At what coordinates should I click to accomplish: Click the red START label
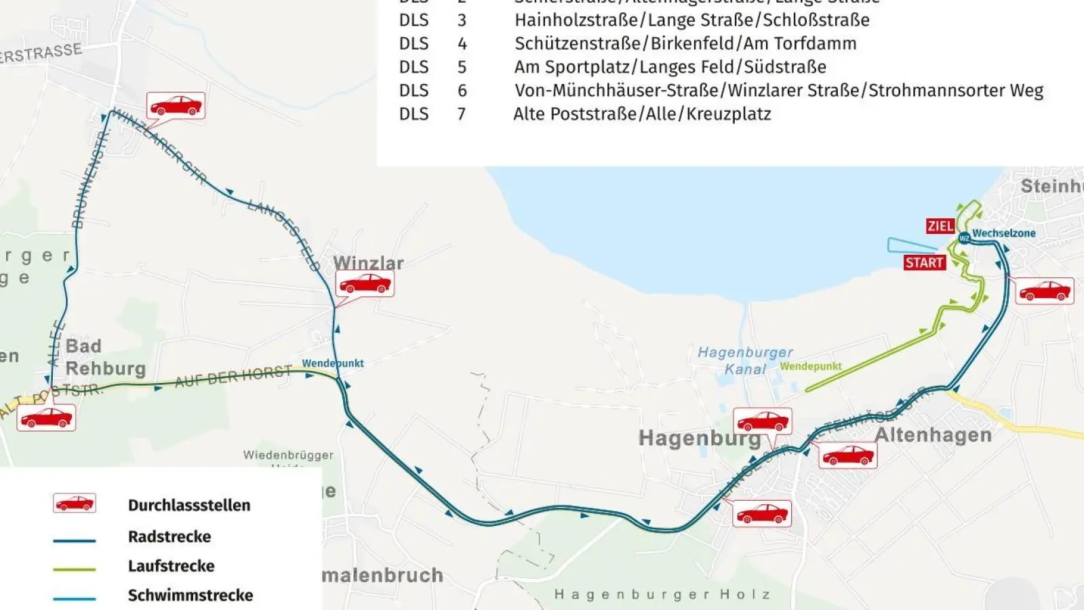[924, 262]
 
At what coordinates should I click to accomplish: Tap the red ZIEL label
[940, 226]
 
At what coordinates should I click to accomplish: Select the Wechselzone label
[1003, 233]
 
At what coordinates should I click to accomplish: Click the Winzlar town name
[368, 262]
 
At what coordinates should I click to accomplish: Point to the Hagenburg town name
[700, 438]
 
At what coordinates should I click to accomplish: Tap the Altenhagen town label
[934, 434]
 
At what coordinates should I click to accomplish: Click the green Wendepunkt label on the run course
[811, 366]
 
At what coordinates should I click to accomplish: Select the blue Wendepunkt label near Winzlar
[333, 363]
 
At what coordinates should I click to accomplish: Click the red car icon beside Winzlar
[365, 283]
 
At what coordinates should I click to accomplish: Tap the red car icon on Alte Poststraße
[46, 418]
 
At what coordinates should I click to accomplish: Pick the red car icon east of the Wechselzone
[1045, 291]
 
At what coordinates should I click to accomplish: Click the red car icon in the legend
[75, 503]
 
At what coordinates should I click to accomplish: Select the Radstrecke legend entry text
[169, 536]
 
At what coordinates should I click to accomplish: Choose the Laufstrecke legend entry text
[172, 565]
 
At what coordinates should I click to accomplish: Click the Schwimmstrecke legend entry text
[190, 595]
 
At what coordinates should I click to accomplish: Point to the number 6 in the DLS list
[462, 90]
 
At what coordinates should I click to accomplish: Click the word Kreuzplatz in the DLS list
[729, 113]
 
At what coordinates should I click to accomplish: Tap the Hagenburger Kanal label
[745, 361]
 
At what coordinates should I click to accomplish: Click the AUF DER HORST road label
[233, 376]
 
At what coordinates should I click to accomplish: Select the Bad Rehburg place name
[105, 357]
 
